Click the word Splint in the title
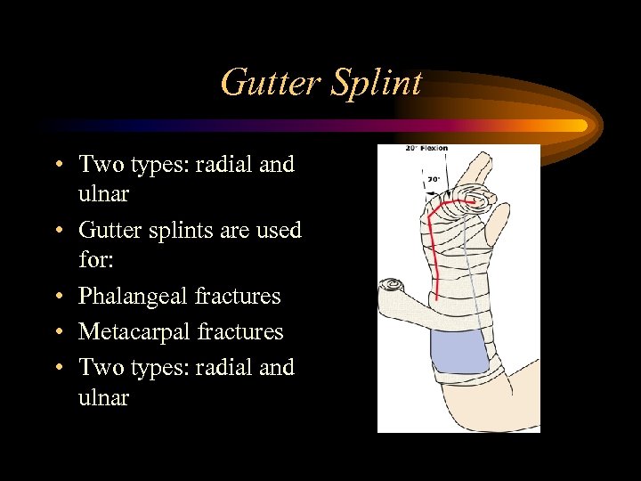(x=376, y=84)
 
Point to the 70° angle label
(x=434, y=179)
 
